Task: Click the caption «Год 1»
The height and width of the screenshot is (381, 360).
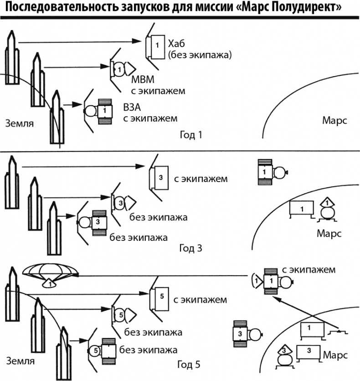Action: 190,135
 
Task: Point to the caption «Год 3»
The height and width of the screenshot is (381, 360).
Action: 191,249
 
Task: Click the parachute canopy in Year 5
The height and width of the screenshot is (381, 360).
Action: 48,272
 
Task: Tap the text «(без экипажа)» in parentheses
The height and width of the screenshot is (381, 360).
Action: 200,55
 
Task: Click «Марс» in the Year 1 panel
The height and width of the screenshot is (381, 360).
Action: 334,121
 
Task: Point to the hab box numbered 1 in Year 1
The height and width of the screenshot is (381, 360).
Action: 156,46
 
